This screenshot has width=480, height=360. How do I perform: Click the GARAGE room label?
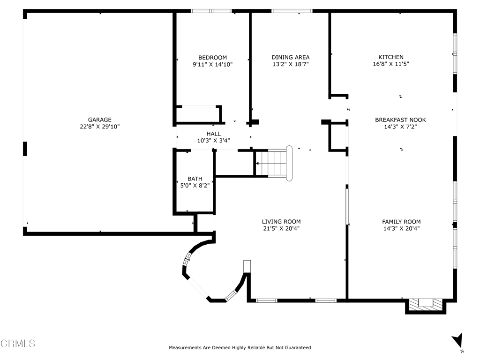click(99, 120)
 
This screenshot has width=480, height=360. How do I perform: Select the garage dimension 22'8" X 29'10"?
click(99, 127)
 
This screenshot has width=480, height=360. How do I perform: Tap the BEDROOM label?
click(212, 58)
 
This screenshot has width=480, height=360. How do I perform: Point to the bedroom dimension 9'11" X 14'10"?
click(212, 65)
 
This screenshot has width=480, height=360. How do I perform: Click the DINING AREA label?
click(290, 58)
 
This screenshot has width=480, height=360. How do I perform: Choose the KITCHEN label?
click(391, 57)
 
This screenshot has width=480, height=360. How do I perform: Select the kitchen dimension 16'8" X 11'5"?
click(391, 64)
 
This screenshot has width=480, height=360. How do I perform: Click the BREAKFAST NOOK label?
click(400, 120)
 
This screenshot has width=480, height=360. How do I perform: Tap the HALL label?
click(213, 134)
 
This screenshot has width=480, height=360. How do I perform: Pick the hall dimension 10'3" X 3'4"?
click(213, 140)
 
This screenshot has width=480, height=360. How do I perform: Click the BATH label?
click(195, 179)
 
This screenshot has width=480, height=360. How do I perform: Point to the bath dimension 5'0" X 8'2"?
click(195, 186)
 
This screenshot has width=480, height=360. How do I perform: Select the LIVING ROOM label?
click(281, 222)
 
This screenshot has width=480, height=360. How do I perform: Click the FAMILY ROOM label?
click(401, 222)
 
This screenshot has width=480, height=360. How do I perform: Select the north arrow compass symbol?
click(457, 341)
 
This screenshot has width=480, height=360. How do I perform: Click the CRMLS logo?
click(18, 344)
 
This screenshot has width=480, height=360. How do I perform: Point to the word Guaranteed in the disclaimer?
click(296, 348)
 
